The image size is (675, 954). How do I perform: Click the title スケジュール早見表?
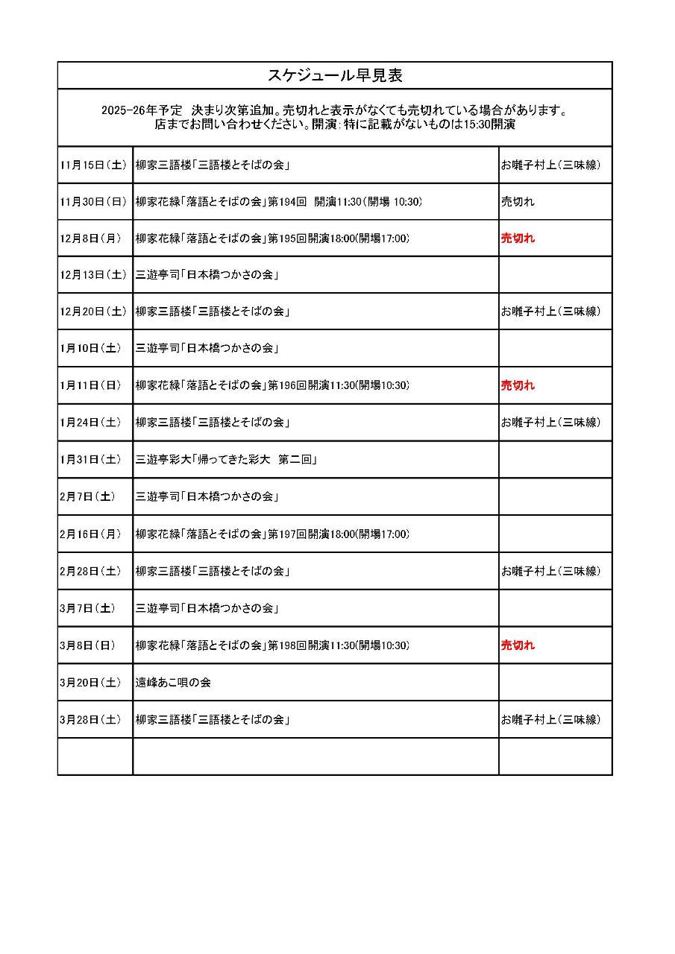click(335, 76)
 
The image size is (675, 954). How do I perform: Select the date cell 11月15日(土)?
click(94, 165)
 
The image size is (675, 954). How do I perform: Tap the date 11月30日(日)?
click(94, 202)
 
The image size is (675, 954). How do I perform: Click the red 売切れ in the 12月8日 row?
click(518, 238)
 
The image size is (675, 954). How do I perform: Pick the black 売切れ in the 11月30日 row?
click(518, 202)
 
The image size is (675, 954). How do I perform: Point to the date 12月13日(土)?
click(94, 275)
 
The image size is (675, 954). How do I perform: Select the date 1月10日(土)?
click(92, 348)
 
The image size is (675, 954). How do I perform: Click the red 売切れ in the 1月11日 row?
click(518, 385)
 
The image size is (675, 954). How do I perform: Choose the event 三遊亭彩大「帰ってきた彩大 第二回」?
click(227, 460)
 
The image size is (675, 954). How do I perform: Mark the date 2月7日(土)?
click(88, 497)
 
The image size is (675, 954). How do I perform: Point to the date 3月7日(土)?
click(88, 608)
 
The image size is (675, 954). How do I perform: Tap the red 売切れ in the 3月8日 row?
click(518, 645)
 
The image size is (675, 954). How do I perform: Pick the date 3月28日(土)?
click(92, 720)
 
